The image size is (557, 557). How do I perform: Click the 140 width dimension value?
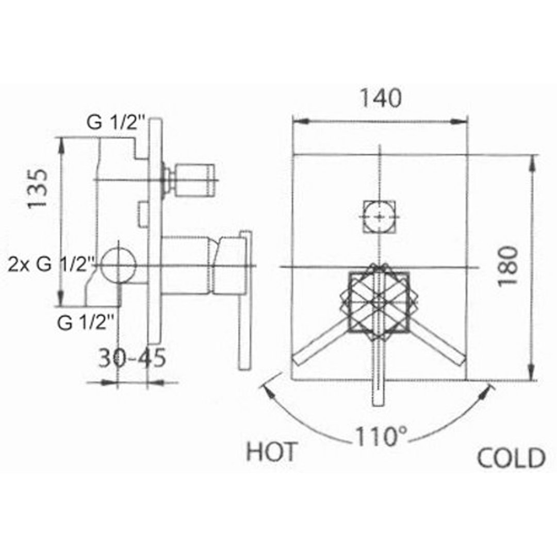click(381, 98)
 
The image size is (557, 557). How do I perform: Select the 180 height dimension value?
click(507, 266)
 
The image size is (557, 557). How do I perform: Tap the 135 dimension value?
click(37, 189)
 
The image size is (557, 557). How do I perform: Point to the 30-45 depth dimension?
click(132, 358)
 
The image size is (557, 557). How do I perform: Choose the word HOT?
click(271, 452)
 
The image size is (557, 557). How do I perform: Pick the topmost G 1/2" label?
click(116, 123)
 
